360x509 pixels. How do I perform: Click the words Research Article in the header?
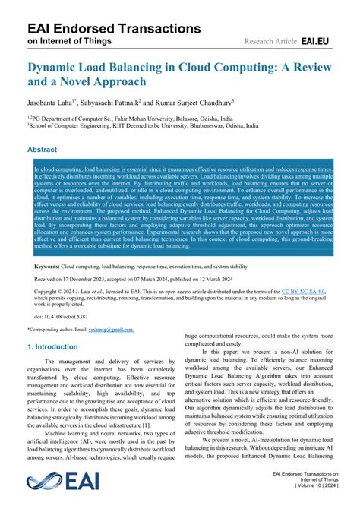[x=271, y=40]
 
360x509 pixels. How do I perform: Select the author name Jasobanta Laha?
[x=53, y=101]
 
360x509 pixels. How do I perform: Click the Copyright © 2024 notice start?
[x=61, y=291]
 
